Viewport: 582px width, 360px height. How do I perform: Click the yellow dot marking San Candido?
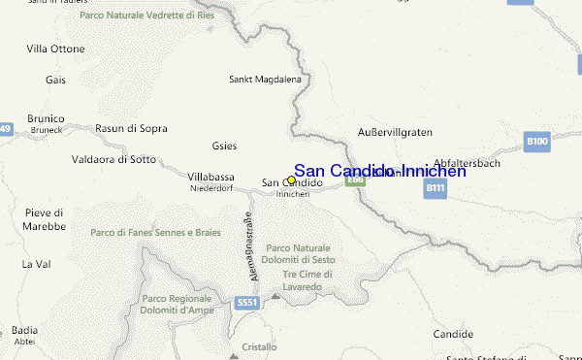pos(291,180)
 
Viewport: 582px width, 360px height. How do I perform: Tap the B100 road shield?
pos(536,142)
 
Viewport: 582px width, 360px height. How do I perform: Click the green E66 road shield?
pos(355,179)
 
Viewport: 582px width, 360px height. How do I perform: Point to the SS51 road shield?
pos(247,304)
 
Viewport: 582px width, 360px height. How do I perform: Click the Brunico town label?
pos(47,118)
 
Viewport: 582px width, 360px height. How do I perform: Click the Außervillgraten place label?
pos(395,131)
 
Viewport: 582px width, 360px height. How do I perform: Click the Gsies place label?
pos(224,147)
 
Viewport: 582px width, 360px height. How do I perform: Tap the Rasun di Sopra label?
pos(131,128)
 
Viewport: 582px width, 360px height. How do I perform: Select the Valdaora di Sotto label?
pos(114,158)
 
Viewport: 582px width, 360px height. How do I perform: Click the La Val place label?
pos(36,264)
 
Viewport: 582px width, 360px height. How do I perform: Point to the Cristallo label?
pos(259,346)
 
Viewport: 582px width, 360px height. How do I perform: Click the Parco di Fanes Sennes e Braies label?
pos(155,233)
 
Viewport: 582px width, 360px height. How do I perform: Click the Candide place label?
pos(453,334)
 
